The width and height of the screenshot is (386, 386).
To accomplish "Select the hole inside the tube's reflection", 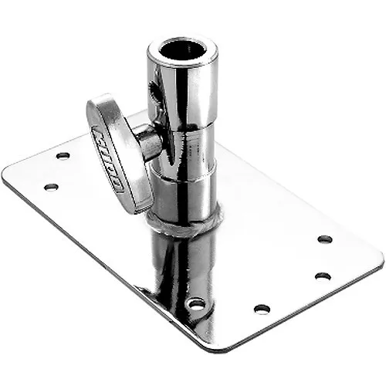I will (x=196, y=303).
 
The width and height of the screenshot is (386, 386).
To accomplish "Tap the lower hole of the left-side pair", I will (x=51, y=186).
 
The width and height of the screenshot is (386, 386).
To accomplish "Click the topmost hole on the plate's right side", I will (x=325, y=239).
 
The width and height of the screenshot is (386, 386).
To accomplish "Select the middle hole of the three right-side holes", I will (x=323, y=276).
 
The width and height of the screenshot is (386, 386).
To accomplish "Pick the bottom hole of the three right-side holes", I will (x=262, y=309).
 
